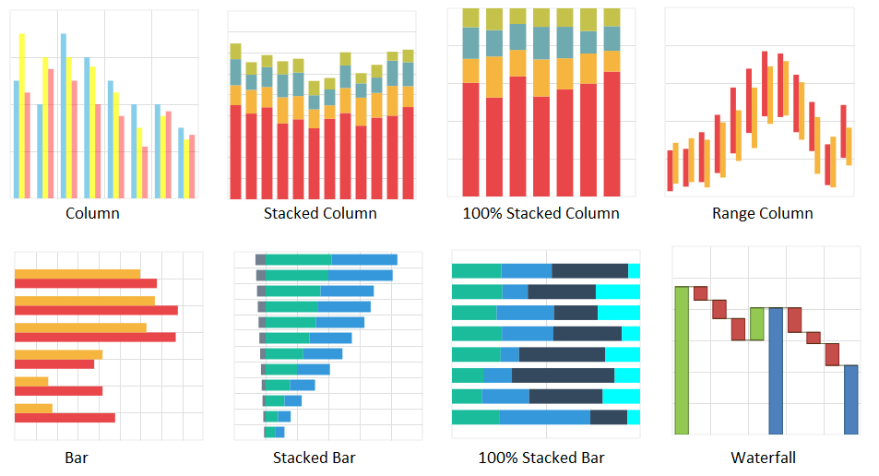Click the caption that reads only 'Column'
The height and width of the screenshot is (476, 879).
pyautogui.click(x=92, y=213)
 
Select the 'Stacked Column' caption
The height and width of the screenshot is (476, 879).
pyautogui.click(x=320, y=213)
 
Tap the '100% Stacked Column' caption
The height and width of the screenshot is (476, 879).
pyautogui.click(x=540, y=213)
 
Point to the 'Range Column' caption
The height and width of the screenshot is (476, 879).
pyautogui.click(x=762, y=213)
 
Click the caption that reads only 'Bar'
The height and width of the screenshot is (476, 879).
pyautogui.click(x=77, y=458)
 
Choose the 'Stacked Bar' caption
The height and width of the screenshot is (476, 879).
pyautogui.click(x=314, y=458)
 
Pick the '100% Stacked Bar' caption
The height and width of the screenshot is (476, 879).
pyautogui.click(x=541, y=458)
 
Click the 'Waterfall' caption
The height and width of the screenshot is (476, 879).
pyautogui.click(x=763, y=458)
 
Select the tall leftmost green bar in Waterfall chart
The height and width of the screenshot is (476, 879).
pyautogui.click(x=682, y=360)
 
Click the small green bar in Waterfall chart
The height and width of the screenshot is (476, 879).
pyautogui.click(x=757, y=324)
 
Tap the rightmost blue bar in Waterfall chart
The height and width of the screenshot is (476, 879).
pyautogui.click(x=850, y=399)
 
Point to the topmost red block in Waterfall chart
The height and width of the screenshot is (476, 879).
pyautogui.click(x=700, y=292)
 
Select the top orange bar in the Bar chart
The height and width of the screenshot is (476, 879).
pyautogui.click(x=77, y=273)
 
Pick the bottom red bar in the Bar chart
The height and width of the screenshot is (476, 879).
pyautogui.click(x=65, y=418)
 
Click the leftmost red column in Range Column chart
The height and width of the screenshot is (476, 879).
pyautogui.click(x=670, y=171)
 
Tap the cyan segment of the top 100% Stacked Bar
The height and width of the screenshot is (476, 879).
pyautogui.click(x=634, y=270)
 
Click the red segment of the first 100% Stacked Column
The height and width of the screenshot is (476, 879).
pyautogui.click(x=470, y=138)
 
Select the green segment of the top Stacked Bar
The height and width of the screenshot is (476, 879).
pyautogui.click(x=298, y=260)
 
